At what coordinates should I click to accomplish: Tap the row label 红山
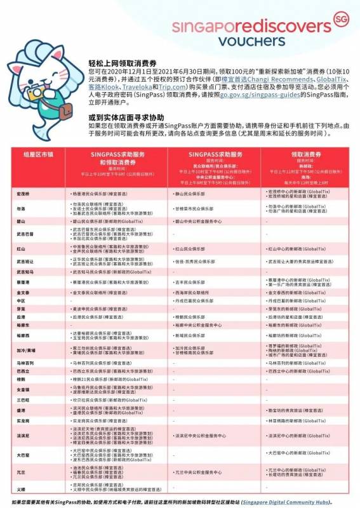click(21, 249)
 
